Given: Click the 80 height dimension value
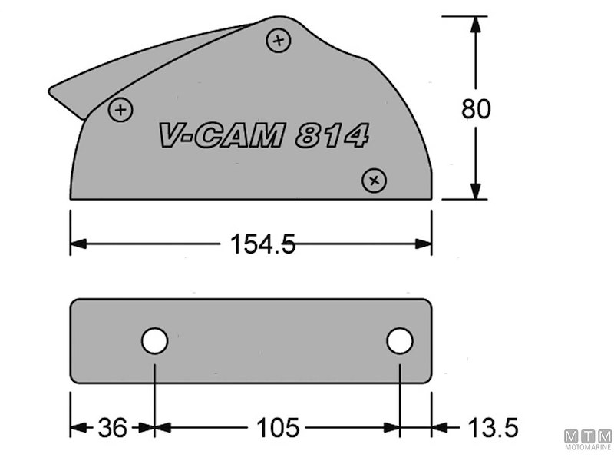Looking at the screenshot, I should (476, 109).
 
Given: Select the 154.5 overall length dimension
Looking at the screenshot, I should (262, 244).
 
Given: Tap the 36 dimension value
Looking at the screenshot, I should (113, 428).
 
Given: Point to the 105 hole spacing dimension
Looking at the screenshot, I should (277, 428).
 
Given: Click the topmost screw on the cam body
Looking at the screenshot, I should (278, 40).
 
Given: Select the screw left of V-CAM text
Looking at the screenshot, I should (120, 110).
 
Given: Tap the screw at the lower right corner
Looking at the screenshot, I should (375, 181).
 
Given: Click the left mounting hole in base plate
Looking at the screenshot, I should (154, 340).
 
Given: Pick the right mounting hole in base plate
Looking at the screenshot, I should (400, 340).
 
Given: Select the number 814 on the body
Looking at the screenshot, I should (332, 136).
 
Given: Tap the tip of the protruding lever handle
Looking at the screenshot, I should (52, 91).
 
